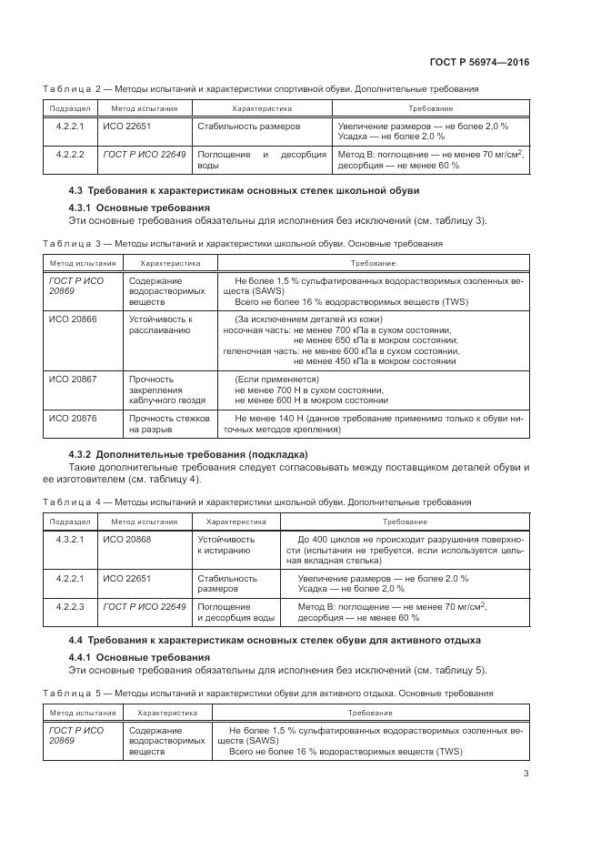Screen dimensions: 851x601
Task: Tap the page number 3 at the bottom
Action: click(x=526, y=775)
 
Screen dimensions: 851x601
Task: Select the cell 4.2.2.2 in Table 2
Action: click(x=70, y=155)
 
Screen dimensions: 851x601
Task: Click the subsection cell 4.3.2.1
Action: click(x=70, y=539)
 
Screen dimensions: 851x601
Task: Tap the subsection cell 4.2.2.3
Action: click(x=70, y=606)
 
